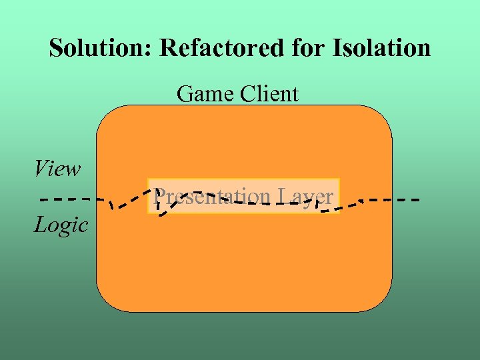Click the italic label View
click(x=57, y=169)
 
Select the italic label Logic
click(x=61, y=225)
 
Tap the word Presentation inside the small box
click(x=210, y=197)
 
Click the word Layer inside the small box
click(x=305, y=197)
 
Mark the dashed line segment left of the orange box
click(x=67, y=199)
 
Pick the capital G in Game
click(x=185, y=94)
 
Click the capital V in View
click(x=41, y=168)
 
